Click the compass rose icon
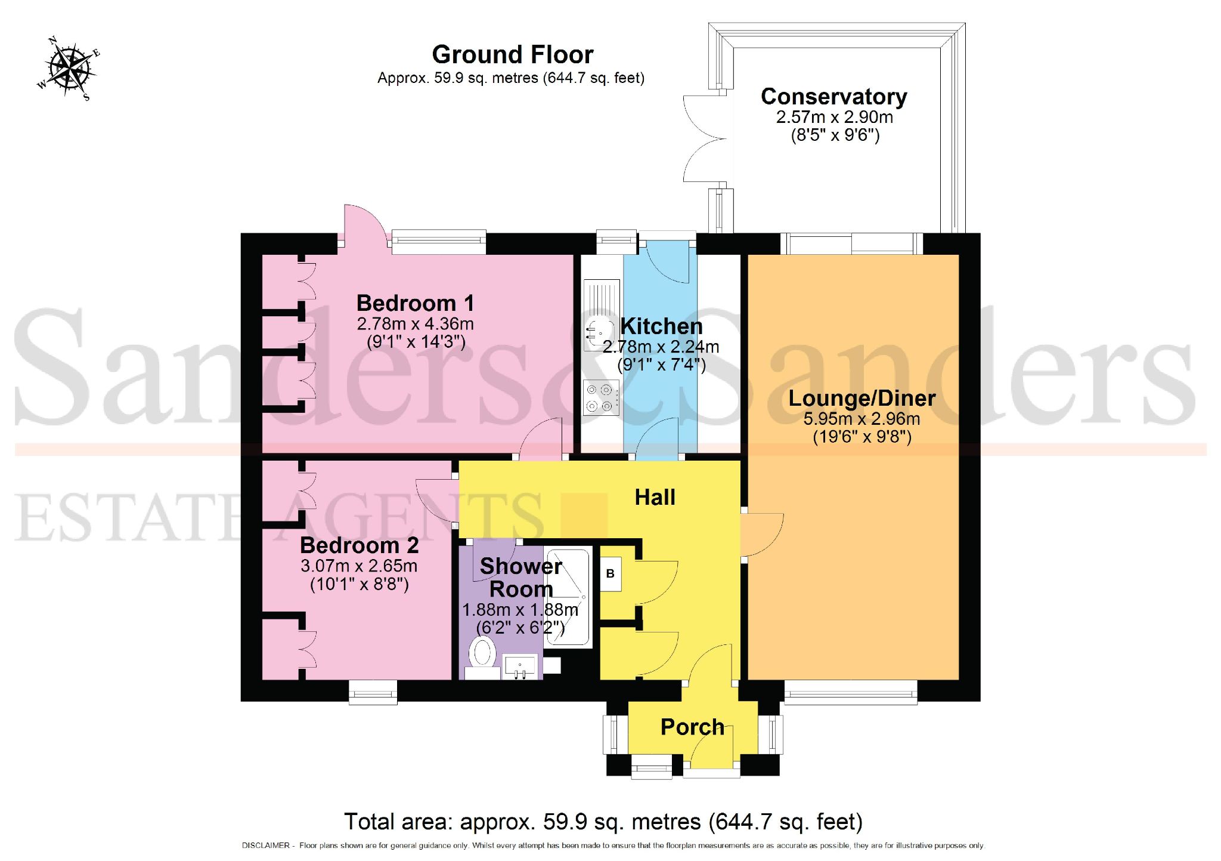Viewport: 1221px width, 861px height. coord(68,67)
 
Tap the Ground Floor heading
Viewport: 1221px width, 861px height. coord(512,55)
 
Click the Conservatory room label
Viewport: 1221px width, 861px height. coord(833,97)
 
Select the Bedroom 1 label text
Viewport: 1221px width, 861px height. coord(415,303)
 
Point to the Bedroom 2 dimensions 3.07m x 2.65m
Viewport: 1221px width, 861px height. coord(359,566)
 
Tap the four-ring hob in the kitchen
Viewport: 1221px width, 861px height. coord(600,398)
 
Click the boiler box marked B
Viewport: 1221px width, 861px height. coord(610,574)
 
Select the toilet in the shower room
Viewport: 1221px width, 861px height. coord(482,656)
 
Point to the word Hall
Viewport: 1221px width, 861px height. coord(655,497)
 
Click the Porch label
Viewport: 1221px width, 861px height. coord(692,727)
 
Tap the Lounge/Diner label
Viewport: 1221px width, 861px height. coord(861,398)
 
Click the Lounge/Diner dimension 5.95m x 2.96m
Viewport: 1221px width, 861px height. coord(861,419)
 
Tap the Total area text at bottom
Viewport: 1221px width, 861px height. coord(603,822)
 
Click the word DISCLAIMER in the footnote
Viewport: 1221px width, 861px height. coord(265,845)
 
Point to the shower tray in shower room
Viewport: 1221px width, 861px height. coord(568,597)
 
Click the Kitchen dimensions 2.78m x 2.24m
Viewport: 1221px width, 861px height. coord(661,347)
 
